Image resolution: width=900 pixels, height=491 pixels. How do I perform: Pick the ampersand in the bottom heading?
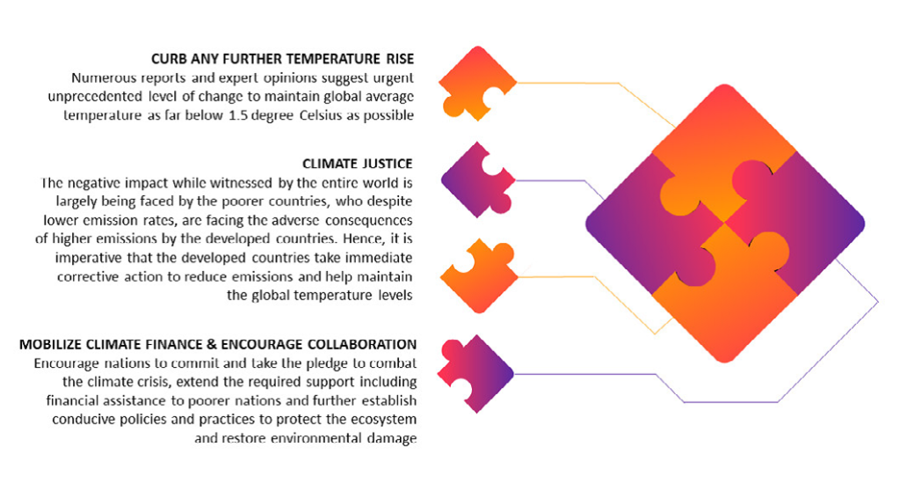212,344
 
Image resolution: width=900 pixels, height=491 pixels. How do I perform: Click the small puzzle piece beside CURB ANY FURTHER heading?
477,84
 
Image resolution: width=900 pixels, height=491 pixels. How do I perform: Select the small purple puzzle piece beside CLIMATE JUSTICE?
476,180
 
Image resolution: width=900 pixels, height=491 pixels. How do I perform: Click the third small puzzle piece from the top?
479,277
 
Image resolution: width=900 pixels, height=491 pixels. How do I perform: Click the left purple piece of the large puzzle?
649,224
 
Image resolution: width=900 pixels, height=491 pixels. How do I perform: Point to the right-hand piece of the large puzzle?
803,224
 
